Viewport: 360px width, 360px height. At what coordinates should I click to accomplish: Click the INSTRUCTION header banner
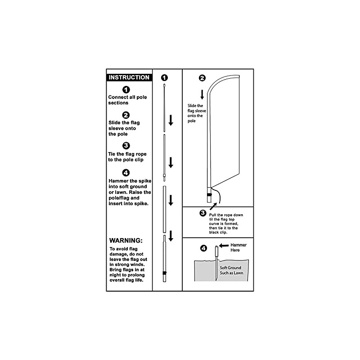pyautogui.click(x=129, y=77)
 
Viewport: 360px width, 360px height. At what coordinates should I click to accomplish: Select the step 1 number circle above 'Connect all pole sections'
pyautogui.click(x=126, y=90)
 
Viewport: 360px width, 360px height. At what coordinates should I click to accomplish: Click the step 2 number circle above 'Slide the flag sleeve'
pyautogui.click(x=126, y=115)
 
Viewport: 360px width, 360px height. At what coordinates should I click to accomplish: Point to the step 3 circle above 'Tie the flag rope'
pyautogui.click(x=126, y=145)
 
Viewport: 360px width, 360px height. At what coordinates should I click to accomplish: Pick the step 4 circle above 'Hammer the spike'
pyautogui.click(x=126, y=173)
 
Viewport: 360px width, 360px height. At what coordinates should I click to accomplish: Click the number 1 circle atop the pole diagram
pyautogui.click(x=164, y=77)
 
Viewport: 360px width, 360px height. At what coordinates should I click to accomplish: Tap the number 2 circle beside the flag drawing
pyautogui.click(x=202, y=78)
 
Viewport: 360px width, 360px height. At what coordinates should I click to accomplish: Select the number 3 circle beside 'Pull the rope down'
pyautogui.click(x=202, y=213)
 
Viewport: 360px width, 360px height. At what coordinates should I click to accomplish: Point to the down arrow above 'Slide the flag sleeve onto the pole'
pyautogui.click(x=202, y=94)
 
